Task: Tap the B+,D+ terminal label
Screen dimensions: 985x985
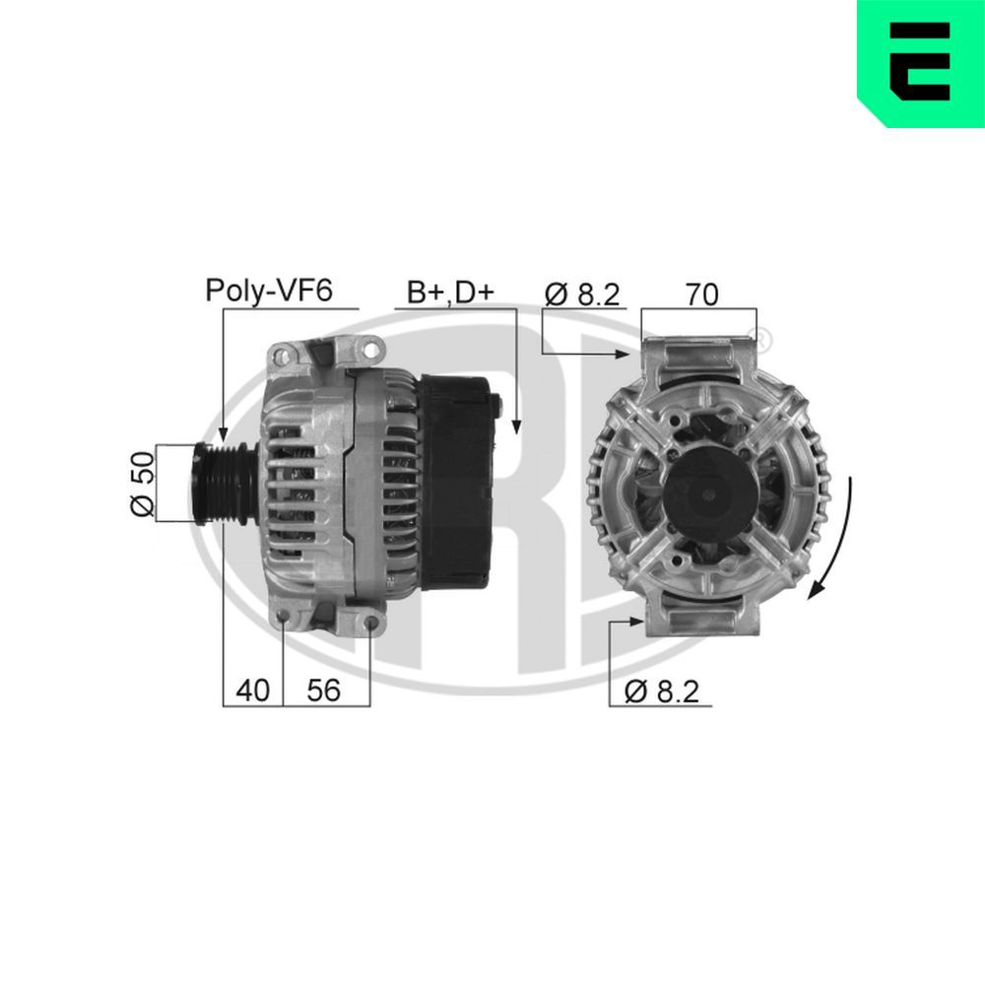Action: [449, 292]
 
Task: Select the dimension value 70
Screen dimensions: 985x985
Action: [701, 293]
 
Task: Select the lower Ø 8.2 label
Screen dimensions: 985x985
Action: [661, 691]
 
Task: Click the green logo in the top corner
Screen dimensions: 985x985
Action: [920, 63]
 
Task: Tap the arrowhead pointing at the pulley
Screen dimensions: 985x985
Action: [223, 432]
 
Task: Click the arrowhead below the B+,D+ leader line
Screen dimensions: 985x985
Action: [515, 426]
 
